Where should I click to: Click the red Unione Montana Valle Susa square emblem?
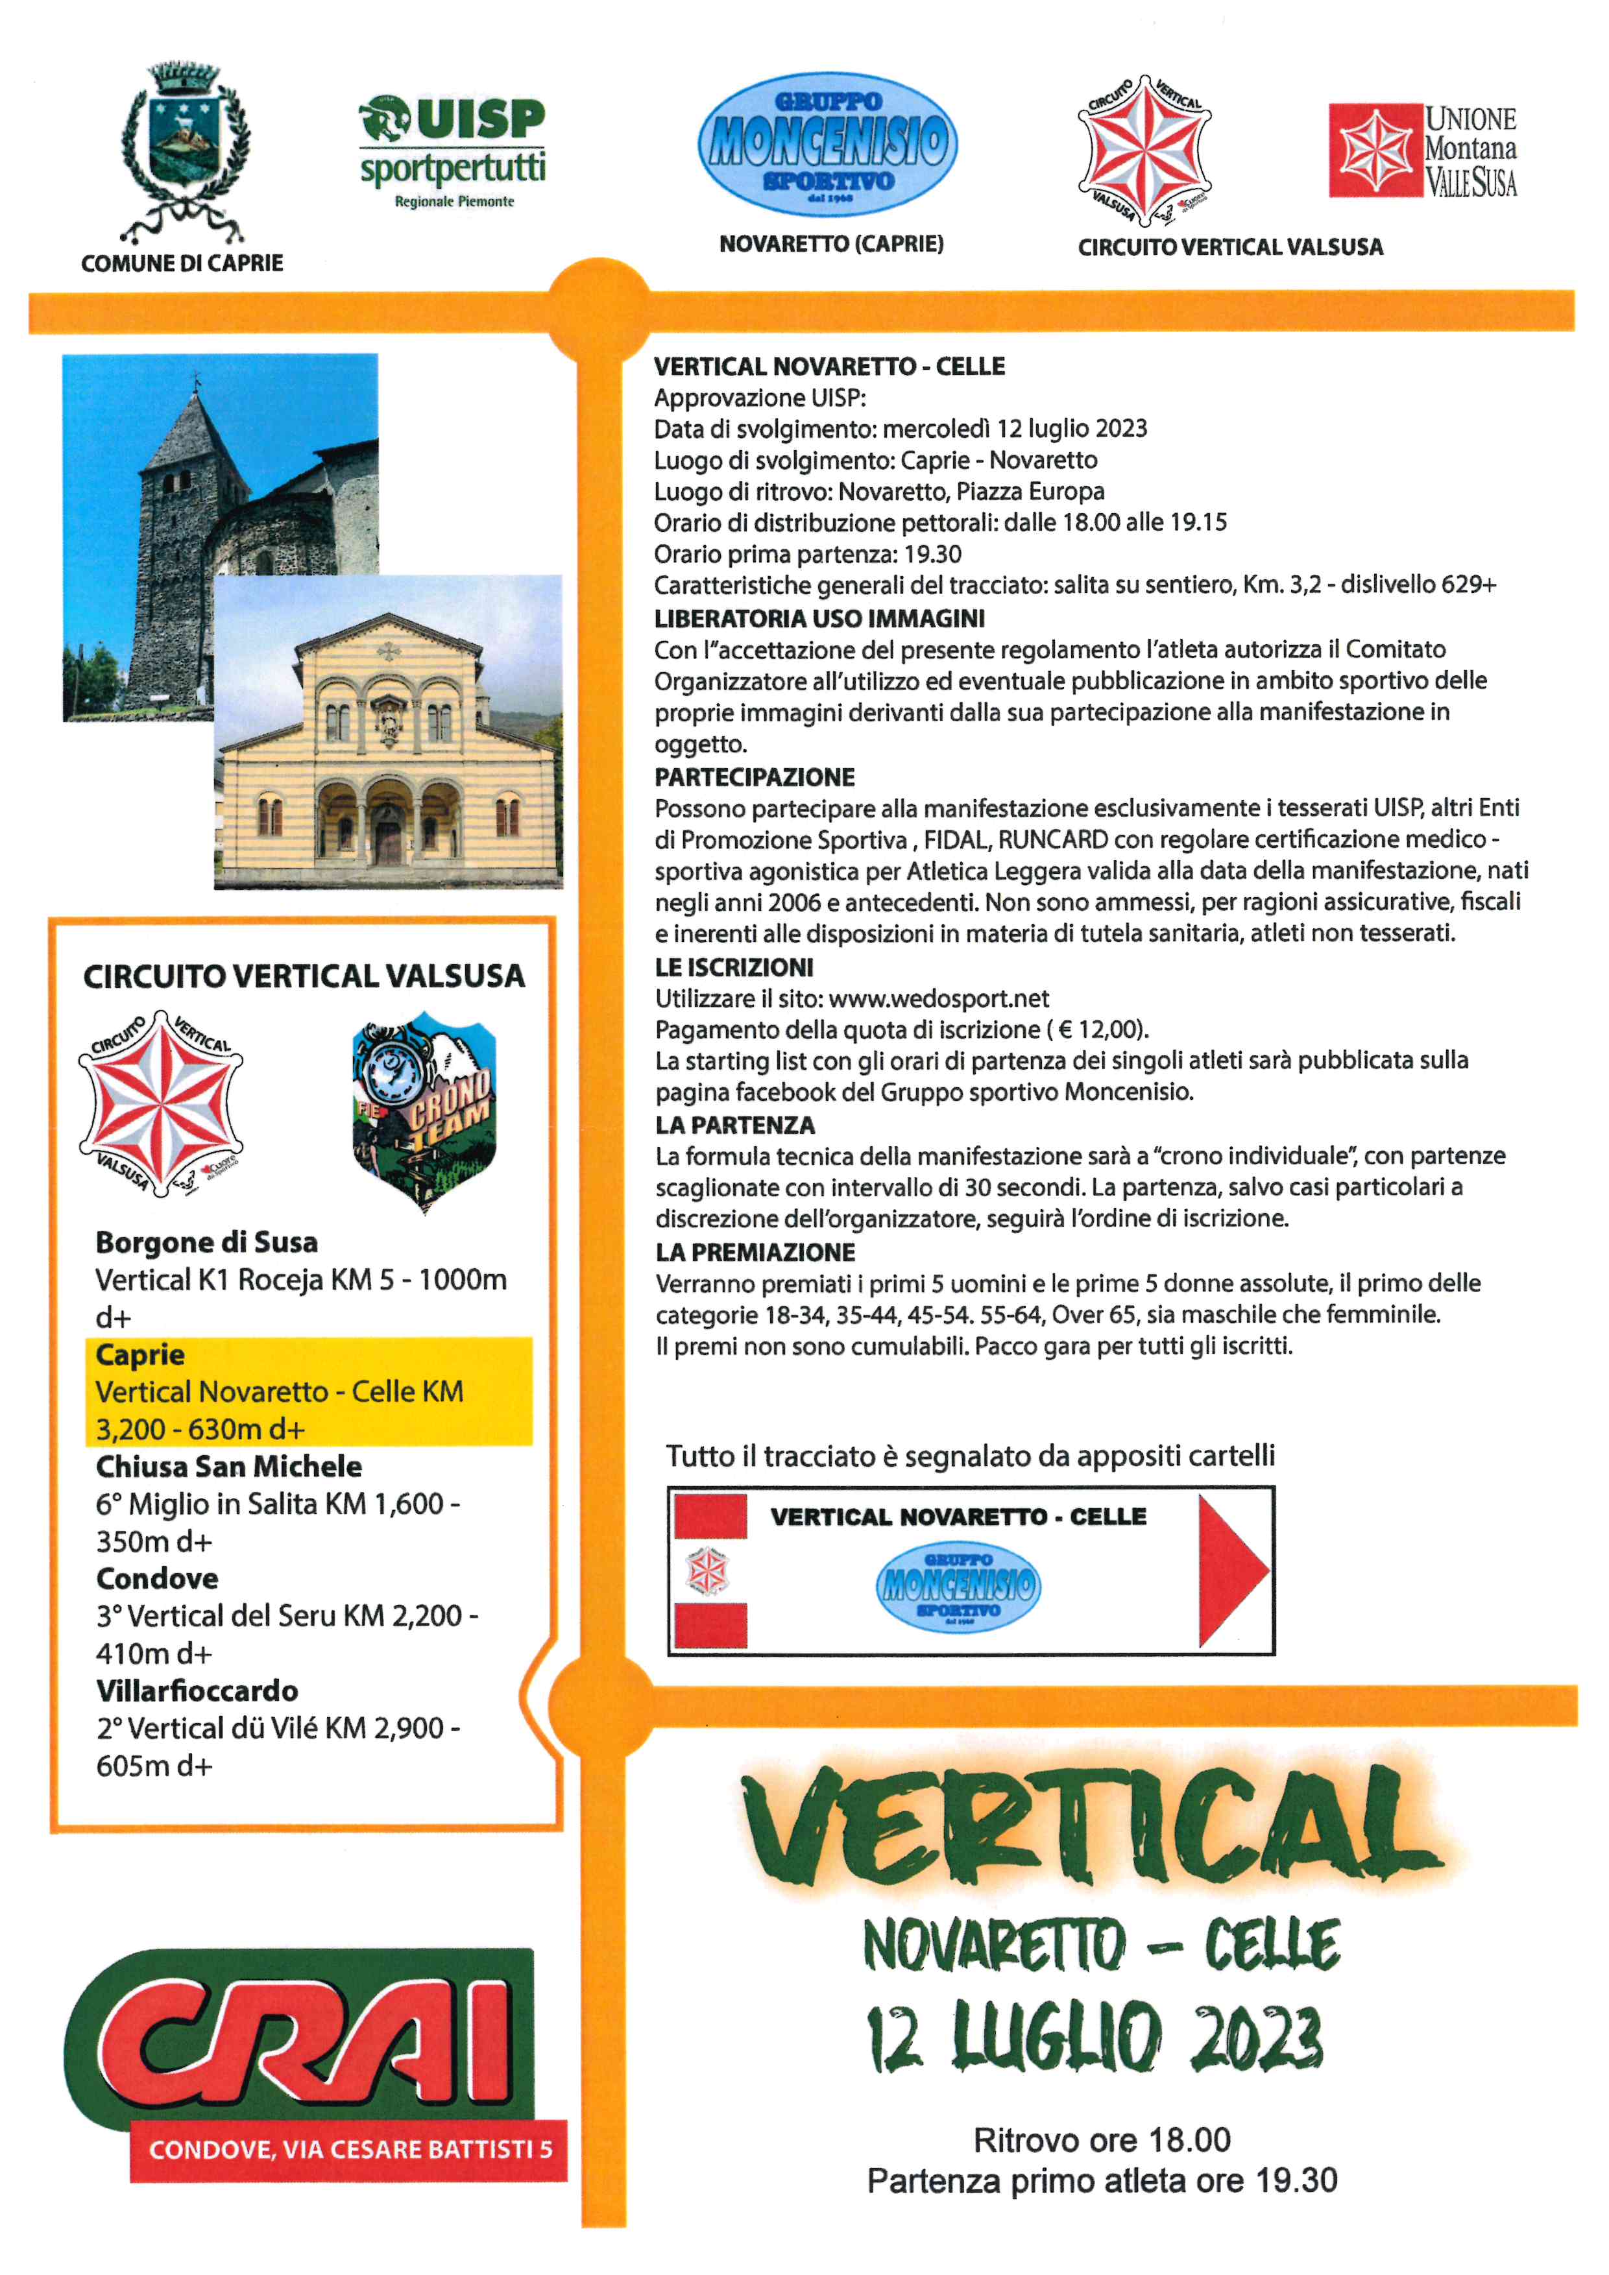click(x=1374, y=150)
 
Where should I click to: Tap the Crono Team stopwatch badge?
click(x=424, y=1110)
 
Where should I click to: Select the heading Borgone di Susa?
click(x=207, y=1242)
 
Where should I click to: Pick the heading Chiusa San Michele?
click(x=229, y=1467)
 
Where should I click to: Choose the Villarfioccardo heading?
click(x=197, y=1691)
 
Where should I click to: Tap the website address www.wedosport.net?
click(x=938, y=999)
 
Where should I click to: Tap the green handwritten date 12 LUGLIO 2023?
click(x=1095, y=2039)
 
